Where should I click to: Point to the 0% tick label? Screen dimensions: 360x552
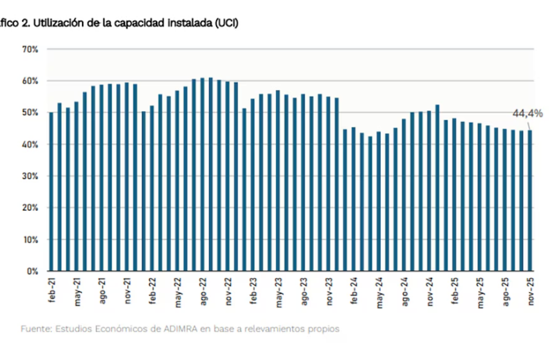(x=32, y=271)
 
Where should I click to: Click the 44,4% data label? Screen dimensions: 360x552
(x=526, y=114)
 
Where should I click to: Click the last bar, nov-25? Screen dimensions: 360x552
(x=530, y=201)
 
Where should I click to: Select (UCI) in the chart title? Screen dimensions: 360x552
(x=226, y=23)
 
